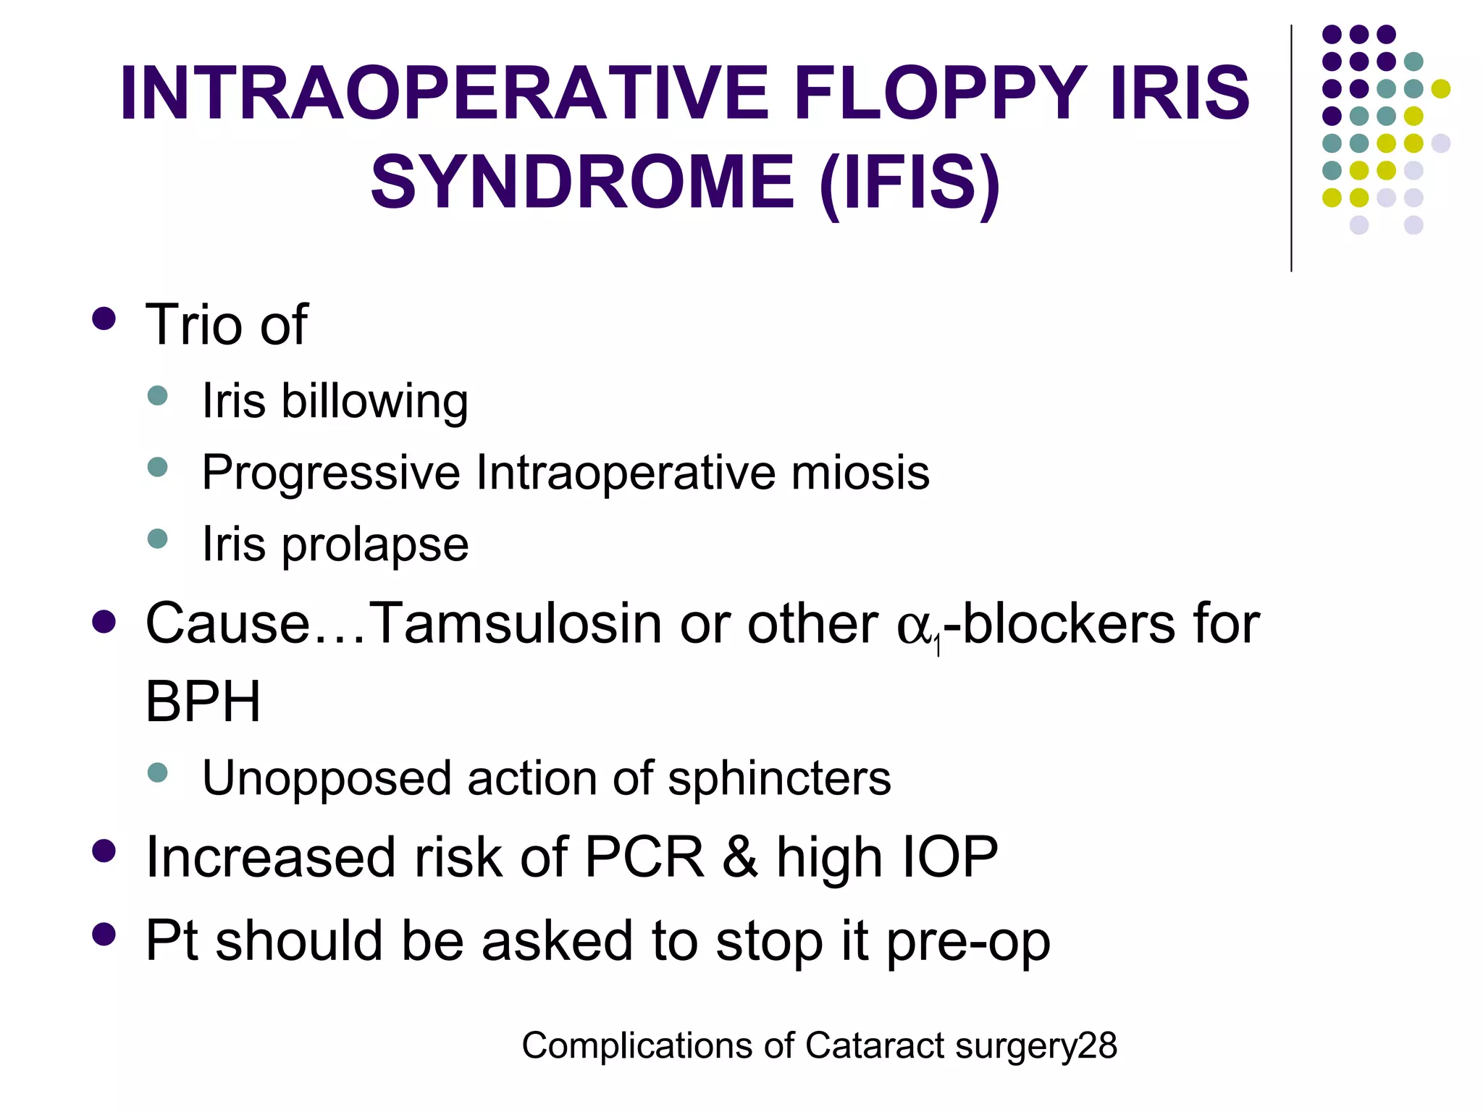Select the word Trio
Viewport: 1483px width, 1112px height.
(x=194, y=324)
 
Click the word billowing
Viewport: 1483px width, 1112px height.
(x=374, y=402)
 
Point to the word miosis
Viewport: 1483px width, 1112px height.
(x=860, y=473)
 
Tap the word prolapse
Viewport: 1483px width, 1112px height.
(x=374, y=545)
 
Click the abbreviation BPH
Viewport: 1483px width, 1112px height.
(x=203, y=702)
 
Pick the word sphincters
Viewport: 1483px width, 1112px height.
(x=779, y=779)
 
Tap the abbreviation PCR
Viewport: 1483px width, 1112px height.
(x=644, y=858)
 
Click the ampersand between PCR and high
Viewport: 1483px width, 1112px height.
(x=740, y=858)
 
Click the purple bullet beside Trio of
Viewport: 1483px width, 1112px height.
(x=104, y=319)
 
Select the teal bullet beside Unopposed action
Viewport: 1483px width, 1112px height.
(x=157, y=772)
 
